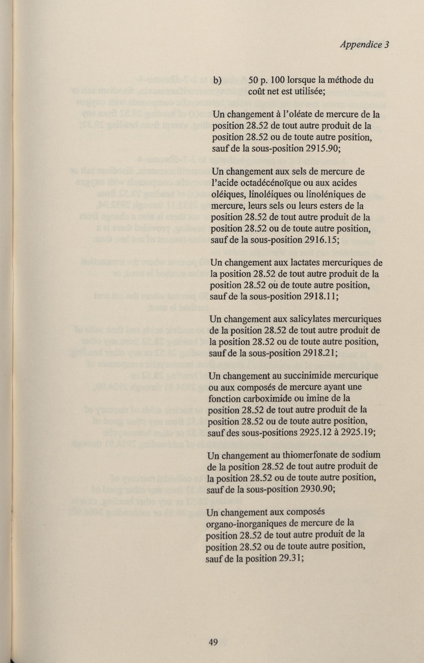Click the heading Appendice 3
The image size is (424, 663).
pos(364,45)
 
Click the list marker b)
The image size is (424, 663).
pos(217,81)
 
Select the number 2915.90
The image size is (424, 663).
pos(323,149)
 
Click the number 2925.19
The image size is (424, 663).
pos(358,433)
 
